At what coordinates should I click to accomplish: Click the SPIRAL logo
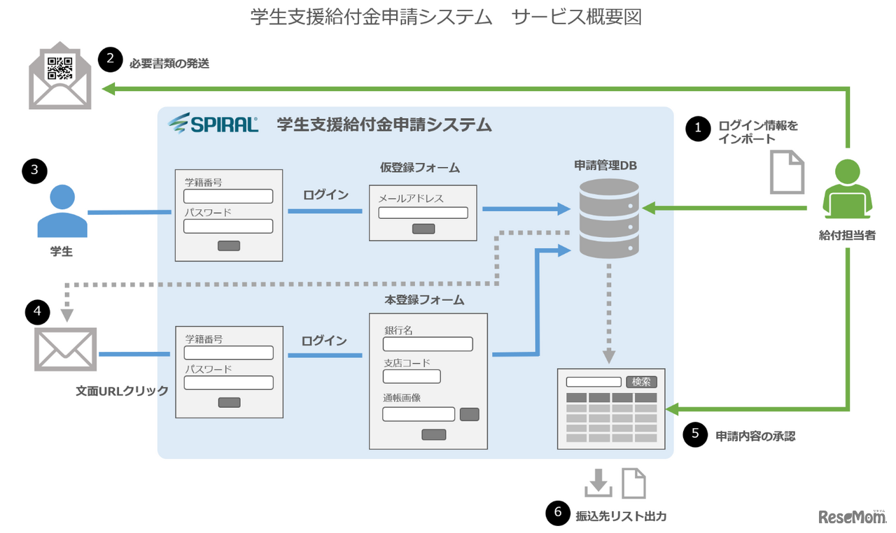click(213, 124)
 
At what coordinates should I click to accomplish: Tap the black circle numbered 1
click(697, 129)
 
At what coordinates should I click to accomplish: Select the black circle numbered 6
click(558, 513)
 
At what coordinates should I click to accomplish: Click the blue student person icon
click(62, 211)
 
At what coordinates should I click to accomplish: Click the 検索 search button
click(641, 382)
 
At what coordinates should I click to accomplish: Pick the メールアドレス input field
click(423, 213)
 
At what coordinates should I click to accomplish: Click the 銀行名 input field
click(428, 344)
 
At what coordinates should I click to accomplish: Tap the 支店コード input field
click(412, 376)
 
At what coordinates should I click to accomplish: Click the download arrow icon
click(598, 483)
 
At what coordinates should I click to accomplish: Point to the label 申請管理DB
click(605, 166)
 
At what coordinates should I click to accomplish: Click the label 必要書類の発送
click(169, 63)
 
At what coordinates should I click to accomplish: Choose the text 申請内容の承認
click(755, 436)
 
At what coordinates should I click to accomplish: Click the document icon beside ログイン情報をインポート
click(787, 172)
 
